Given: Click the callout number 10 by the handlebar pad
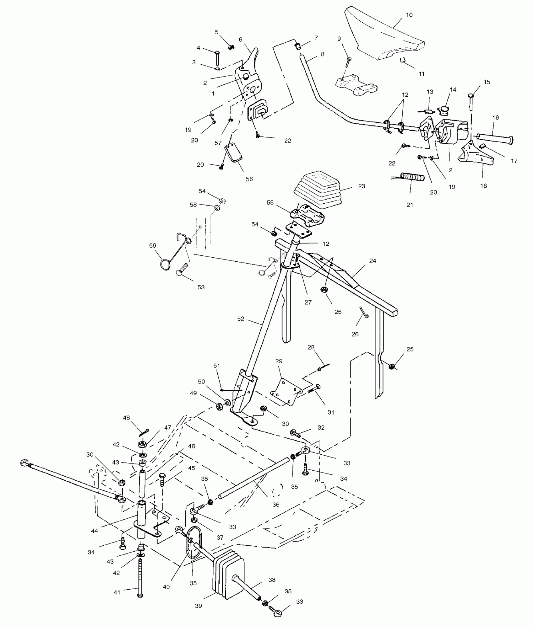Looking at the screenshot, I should [409, 15].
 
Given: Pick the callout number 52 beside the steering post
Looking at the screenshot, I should [241, 319].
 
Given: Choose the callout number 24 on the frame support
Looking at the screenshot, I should [373, 261].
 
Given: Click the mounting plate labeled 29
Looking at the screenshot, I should [285, 390].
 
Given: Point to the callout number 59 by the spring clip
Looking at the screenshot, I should [153, 246].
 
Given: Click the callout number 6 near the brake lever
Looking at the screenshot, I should [241, 40].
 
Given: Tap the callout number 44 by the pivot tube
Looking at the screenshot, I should [95, 531].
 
